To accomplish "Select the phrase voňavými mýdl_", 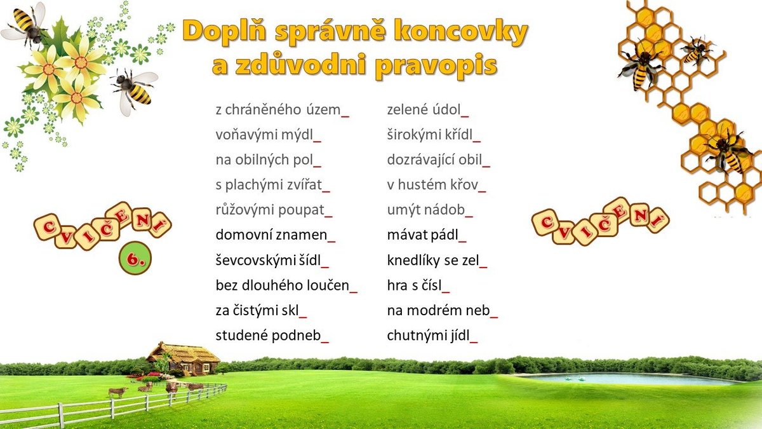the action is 268,135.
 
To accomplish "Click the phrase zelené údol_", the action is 427,110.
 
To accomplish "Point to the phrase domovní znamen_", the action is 275,235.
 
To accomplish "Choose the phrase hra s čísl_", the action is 418,285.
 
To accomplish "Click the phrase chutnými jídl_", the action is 432,336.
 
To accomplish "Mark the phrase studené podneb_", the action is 272,336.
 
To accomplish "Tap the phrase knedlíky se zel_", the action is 437,261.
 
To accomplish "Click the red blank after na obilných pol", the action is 317,166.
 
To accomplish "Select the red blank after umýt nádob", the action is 469,216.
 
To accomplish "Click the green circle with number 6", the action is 135,258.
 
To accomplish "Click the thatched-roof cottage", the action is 183,358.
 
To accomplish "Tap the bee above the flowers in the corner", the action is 25,25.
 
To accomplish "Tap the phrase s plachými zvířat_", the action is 272,185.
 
